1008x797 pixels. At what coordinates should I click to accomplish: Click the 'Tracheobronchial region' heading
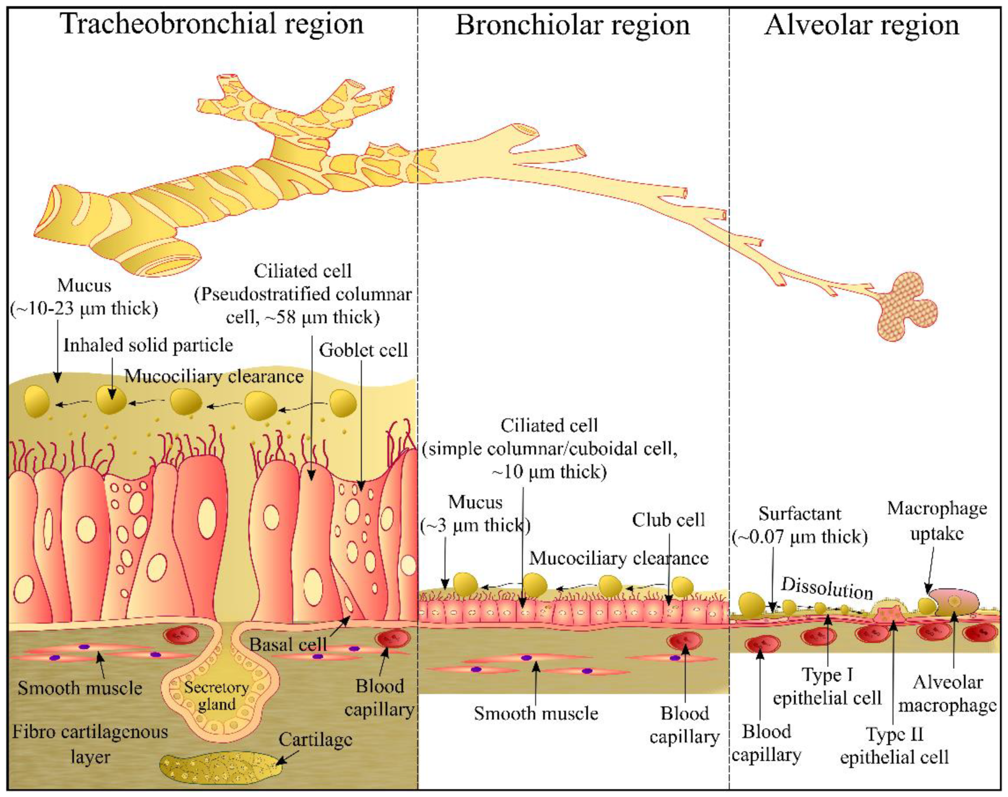[x=212, y=24]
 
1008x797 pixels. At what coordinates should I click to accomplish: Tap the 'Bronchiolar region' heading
[x=572, y=25]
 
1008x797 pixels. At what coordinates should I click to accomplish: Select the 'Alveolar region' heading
[x=861, y=25]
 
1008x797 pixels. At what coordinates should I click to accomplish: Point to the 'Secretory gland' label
[x=216, y=696]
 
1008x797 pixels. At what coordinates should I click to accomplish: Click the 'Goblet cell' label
[x=363, y=350]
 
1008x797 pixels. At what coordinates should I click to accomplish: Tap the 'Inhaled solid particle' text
[x=148, y=345]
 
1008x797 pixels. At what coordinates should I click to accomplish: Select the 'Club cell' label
[x=668, y=520]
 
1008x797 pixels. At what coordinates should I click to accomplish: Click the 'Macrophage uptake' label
[x=937, y=521]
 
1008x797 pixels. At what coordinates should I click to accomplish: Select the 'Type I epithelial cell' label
[x=827, y=687]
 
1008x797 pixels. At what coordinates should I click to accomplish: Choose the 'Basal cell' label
[x=288, y=644]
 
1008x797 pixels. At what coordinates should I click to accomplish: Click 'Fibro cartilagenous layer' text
[x=90, y=744]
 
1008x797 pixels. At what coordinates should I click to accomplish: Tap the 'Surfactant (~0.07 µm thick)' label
[x=800, y=525]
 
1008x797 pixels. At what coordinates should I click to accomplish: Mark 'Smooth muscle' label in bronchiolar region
[x=536, y=713]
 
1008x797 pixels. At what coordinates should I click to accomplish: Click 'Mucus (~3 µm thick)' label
[x=475, y=514]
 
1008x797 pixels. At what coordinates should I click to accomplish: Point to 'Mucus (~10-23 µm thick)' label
[x=84, y=297]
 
